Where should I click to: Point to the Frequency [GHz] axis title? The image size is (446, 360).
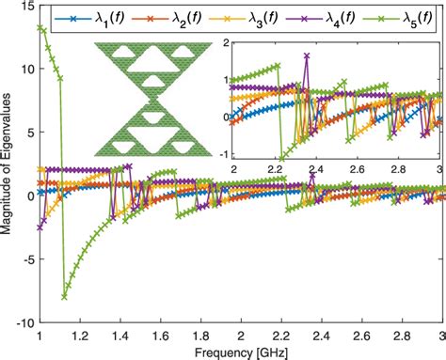pos(242,352)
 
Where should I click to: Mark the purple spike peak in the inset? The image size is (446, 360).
pos(307,55)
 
